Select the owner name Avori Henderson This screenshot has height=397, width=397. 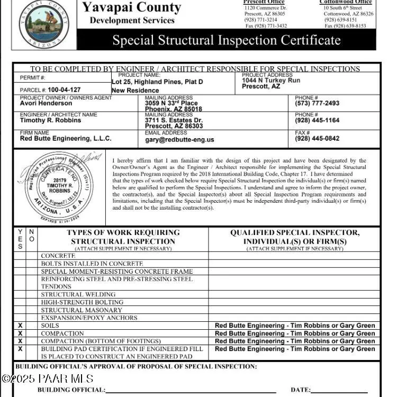[46, 103]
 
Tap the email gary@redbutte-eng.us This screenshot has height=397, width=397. [179, 140]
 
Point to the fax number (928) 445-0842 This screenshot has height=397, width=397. [317, 139]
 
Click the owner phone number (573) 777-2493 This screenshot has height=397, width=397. [317, 103]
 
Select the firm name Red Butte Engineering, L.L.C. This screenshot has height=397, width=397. [66, 139]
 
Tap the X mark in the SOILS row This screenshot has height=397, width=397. [20, 326]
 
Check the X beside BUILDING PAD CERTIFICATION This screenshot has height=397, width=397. [20, 349]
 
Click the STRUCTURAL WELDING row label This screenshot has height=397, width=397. [78, 294]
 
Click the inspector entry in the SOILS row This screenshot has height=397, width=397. [295, 326]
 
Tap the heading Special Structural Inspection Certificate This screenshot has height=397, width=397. [227, 40]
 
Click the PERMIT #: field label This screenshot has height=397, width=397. [33, 78]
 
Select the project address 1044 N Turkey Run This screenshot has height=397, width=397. [270, 80]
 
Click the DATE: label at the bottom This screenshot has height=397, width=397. [300, 390]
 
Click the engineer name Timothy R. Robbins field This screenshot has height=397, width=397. [50, 120]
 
